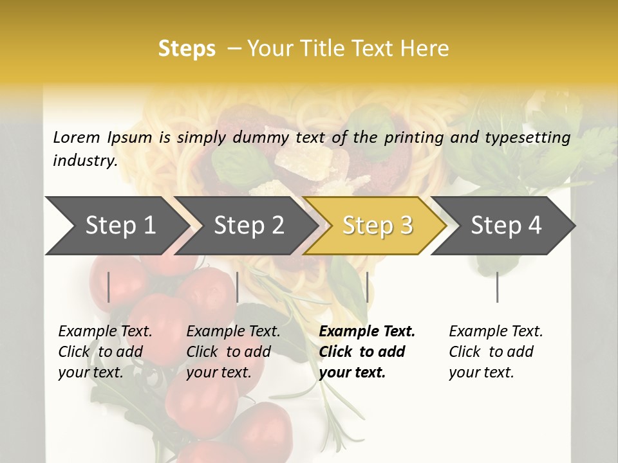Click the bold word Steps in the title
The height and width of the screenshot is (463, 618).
pos(187,49)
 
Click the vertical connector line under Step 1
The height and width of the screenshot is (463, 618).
pos(109,287)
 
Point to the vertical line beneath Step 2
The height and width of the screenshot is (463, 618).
pos(238,287)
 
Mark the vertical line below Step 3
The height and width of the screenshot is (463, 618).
pos(367,287)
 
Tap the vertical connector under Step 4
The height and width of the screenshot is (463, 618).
pos(497,287)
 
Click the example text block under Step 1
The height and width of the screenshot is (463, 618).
pos(105,352)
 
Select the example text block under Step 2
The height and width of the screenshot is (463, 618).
pos(233,352)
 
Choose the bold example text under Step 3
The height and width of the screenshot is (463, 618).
pos(367,352)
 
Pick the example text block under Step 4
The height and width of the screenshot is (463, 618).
pos(496,352)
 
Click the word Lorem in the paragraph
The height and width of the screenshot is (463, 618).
pos(77,137)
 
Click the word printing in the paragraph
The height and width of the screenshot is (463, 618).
pos(413,137)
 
